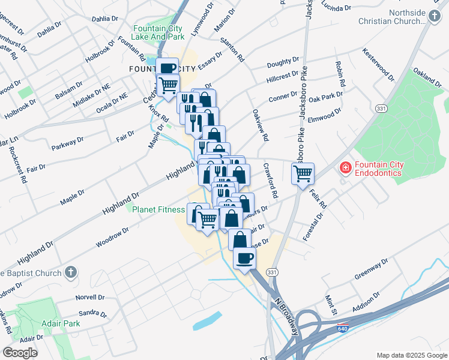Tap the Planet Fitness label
coord(159,209)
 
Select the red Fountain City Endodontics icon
coord(345,167)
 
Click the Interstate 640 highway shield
coord(342,329)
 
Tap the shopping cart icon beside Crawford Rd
coord(303,174)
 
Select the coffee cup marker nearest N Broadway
coord(244,259)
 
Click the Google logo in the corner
coord(20,352)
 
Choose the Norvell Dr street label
coord(90,297)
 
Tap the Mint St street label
coord(330,304)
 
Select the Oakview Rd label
coord(260,125)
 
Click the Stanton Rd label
coord(232,50)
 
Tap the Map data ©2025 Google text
coord(411,355)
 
